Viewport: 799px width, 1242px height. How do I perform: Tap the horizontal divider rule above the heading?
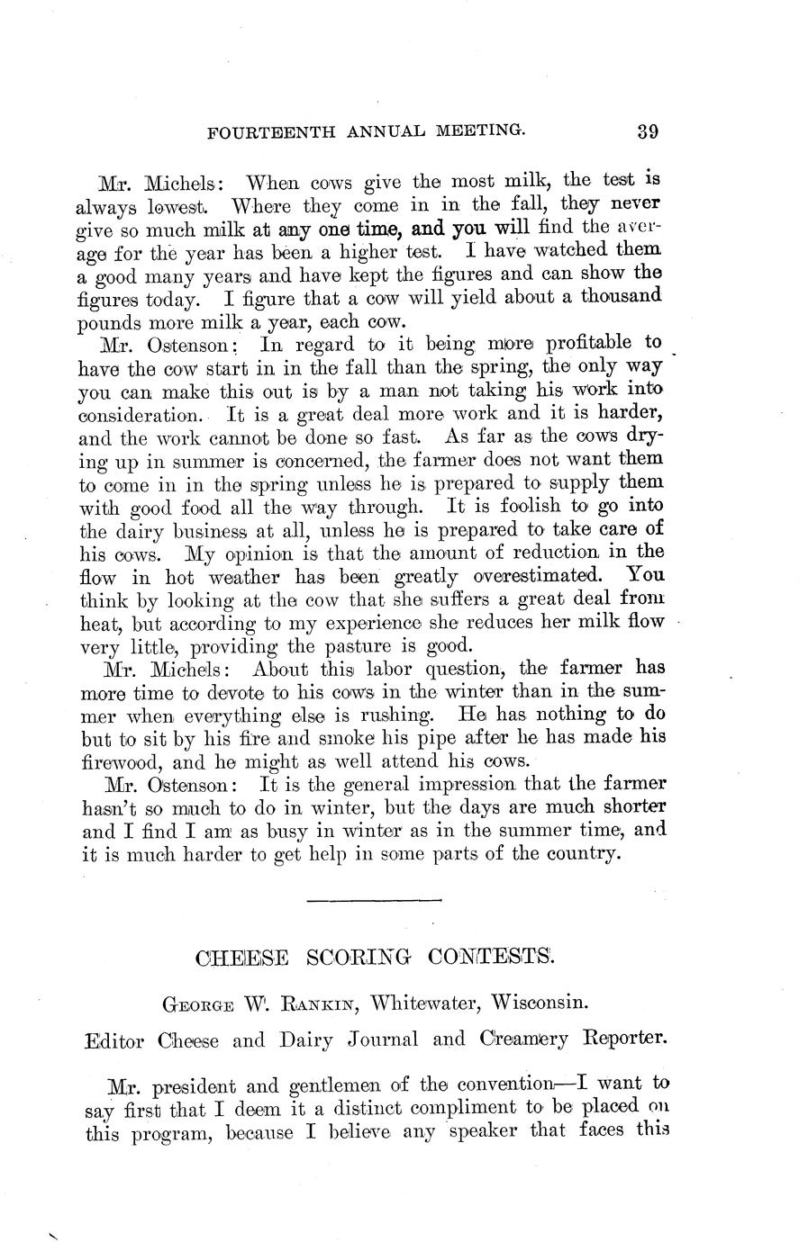[374, 899]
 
